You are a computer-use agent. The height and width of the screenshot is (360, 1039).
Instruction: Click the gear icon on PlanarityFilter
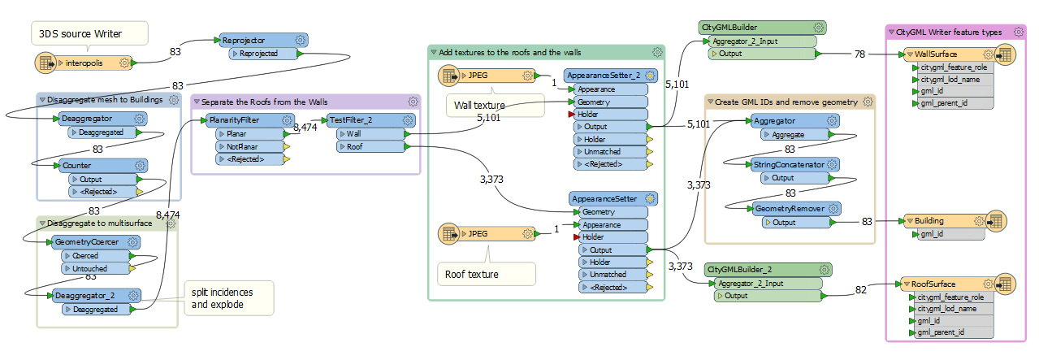(x=288, y=120)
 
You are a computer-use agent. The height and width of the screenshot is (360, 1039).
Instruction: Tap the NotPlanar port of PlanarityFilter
(x=243, y=146)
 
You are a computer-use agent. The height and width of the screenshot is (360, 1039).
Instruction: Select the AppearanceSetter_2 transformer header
(x=602, y=76)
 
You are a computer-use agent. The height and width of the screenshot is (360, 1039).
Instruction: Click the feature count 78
(x=859, y=54)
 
